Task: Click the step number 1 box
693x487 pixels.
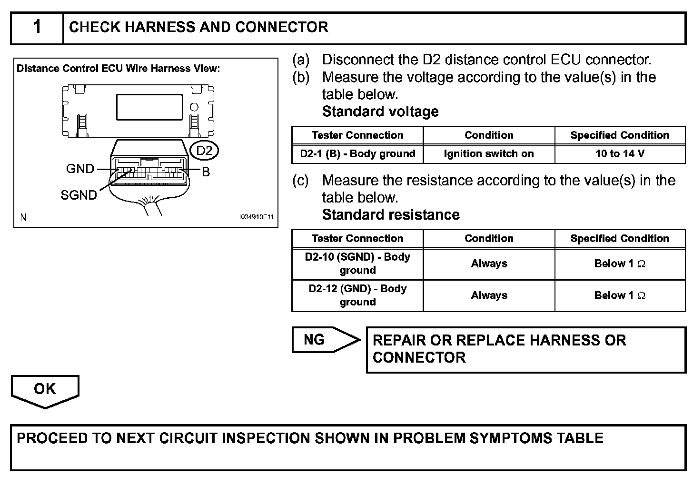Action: click(x=37, y=28)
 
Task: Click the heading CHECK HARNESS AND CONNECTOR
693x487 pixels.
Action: click(x=198, y=27)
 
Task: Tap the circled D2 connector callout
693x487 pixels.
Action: click(x=204, y=151)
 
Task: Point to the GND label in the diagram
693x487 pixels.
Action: click(x=80, y=169)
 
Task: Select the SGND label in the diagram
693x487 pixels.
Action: click(x=79, y=195)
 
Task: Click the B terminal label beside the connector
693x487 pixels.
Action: click(x=206, y=172)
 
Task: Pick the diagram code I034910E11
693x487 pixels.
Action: click(x=257, y=217)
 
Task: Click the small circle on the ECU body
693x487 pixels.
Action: click(x=194, y=107)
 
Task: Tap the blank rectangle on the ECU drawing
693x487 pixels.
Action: click(x=149, y=107)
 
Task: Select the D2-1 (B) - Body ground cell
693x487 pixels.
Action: click(x=357, y=154)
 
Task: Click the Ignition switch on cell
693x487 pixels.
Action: click(x=489, y=154)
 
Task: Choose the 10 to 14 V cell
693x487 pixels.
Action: click(x=620, y=154)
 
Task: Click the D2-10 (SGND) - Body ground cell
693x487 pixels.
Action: click(x=357, y=264)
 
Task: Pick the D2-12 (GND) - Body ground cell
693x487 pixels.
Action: click(x=357, y=295)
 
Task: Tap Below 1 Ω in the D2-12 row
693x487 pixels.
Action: click(x=620, y=295)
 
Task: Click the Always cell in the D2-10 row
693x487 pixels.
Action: click(x=489, y=264)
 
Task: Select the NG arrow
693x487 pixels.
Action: click(x=324, y=340)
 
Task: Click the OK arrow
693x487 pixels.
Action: click(x=45, y=390)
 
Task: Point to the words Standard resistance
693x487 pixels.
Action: click(x=391, y=215)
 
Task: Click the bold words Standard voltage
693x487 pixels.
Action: click(x=380, y=112)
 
